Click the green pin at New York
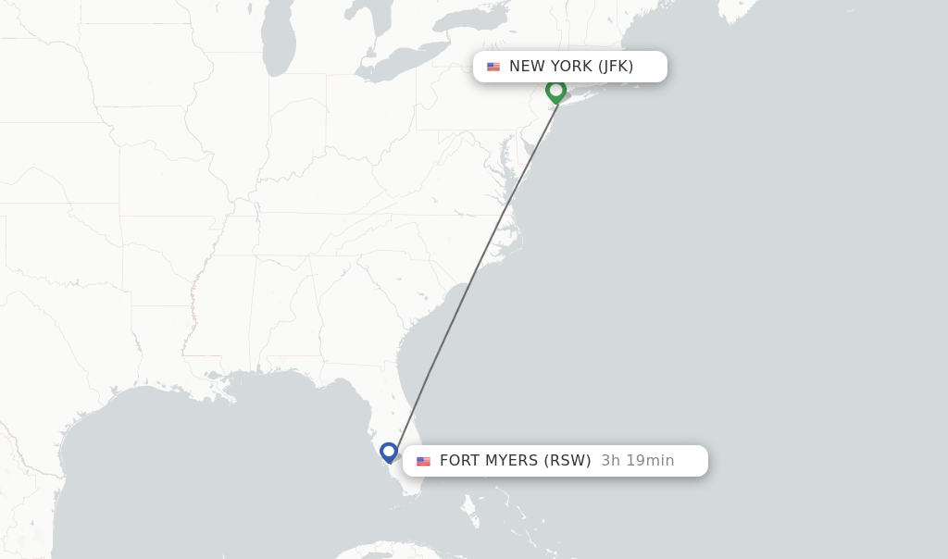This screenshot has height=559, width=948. [555, 90]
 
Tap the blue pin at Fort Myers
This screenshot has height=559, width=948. [389, 452]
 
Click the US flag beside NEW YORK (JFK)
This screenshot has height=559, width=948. [493, 67]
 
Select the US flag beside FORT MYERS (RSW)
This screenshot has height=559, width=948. [423, 461]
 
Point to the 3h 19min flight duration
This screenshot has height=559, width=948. [638, 461]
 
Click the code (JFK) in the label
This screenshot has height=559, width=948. [616, 67]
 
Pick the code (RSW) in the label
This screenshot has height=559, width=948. [567, 461]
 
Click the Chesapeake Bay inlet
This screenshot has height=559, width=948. [504, 171]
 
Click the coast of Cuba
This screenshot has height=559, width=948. [389, 552]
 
